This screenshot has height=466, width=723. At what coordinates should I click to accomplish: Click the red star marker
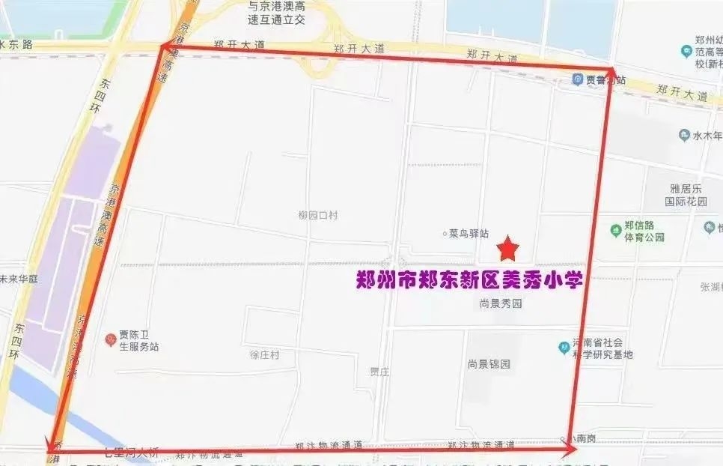[x=508, y=246]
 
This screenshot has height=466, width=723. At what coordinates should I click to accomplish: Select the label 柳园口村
[x=318, y=215]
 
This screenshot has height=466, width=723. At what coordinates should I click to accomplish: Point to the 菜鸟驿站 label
[x=469, y=234]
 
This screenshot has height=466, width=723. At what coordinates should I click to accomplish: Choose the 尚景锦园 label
[x=489, y=364]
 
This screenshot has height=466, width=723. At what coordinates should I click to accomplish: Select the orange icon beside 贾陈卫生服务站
[x=110, y=339]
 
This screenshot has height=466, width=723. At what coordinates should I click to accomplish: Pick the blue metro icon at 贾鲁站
[x=578, y=79]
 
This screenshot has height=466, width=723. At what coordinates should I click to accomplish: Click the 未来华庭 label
[x=18, y=279]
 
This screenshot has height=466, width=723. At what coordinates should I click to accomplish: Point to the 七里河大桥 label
[x=131, y=451]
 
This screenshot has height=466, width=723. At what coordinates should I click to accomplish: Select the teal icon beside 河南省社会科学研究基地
[x=564, y=348]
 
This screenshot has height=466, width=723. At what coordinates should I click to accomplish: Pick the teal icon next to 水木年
[x=684, y=136]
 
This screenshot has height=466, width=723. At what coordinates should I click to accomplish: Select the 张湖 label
[x=710, y=287]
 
